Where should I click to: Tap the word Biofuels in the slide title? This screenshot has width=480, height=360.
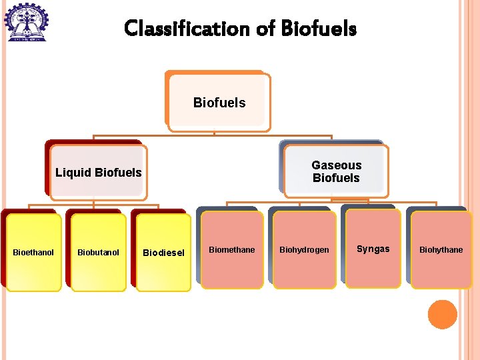[x=319, y=29]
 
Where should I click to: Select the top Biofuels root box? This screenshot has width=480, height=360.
[x=219, y=101]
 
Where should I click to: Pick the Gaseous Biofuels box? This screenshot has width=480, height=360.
[x=336, y=171]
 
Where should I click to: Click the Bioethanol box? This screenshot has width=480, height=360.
[x=33, y=252]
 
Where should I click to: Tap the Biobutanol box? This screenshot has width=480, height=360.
[x=98, y=252]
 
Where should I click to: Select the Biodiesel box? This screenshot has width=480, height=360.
[x=163, y=252]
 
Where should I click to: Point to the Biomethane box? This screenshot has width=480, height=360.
[x=232, y=250]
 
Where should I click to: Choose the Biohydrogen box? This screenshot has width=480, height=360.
[x=304, y=250]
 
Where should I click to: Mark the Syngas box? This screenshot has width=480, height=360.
[x=373, y=249]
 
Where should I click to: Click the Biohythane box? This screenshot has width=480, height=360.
[x=441, y=250]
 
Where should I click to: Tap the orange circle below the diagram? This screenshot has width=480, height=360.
[x=442, y=314]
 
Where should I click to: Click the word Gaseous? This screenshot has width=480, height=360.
[x=337, y=165]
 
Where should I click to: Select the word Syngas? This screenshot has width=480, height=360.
[x=373, y=249]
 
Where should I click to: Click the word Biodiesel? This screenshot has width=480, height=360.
[x=163, y=253]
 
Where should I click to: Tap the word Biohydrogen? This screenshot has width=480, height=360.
[x=304, y=250]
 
